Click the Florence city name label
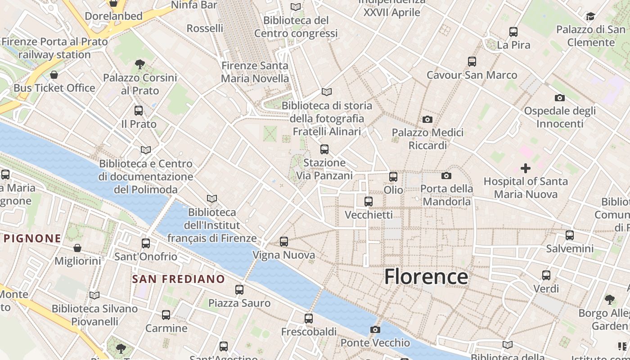426,276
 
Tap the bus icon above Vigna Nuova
283,242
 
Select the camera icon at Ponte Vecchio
375,330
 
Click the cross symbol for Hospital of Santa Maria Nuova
525,168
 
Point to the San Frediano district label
178,279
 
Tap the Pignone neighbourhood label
32,238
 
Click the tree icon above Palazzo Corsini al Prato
139,64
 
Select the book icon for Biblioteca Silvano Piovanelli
94,296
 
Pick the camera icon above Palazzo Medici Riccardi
427,119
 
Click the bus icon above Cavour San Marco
472,62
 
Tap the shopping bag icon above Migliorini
77,248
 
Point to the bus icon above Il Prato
139,111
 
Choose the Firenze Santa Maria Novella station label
255,72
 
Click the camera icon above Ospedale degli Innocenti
559,98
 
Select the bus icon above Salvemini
570,235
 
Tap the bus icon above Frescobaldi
309,319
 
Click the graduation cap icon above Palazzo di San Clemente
590,17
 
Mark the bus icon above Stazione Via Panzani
324,149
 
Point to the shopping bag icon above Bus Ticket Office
54,75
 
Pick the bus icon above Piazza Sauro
239,290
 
